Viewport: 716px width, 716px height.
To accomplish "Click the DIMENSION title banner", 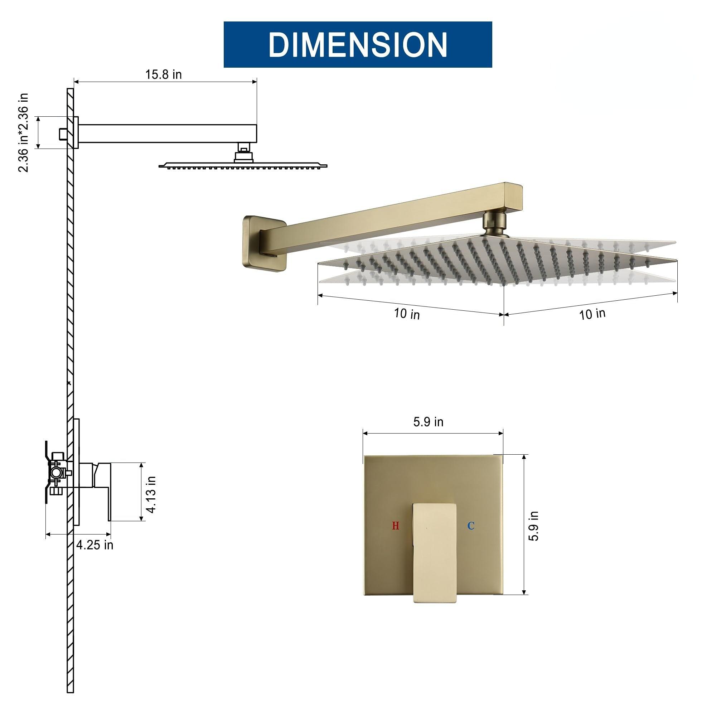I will point(358,44).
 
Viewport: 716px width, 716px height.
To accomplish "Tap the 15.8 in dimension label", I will point(164,74).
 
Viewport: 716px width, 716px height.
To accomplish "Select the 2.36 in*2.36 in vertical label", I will point(23,133).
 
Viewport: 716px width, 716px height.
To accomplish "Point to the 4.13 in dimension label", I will point(151,494).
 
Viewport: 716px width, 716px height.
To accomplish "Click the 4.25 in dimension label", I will point(95,545).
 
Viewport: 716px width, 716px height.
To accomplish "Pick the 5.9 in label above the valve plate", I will point(428,422).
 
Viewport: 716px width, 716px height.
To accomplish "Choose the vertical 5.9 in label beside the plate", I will point(534,526).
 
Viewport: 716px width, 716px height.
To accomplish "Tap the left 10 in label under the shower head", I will point(407,314).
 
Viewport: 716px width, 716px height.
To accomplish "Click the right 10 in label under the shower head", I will point(592,314).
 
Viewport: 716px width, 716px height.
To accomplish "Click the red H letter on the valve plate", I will point(396,526).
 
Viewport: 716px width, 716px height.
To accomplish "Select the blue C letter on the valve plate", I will point(471,526).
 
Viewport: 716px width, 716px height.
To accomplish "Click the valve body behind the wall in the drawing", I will point(57,473).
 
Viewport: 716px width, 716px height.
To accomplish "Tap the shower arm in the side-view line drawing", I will point(167,134).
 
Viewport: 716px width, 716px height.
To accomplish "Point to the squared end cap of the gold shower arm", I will point(514,197).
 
